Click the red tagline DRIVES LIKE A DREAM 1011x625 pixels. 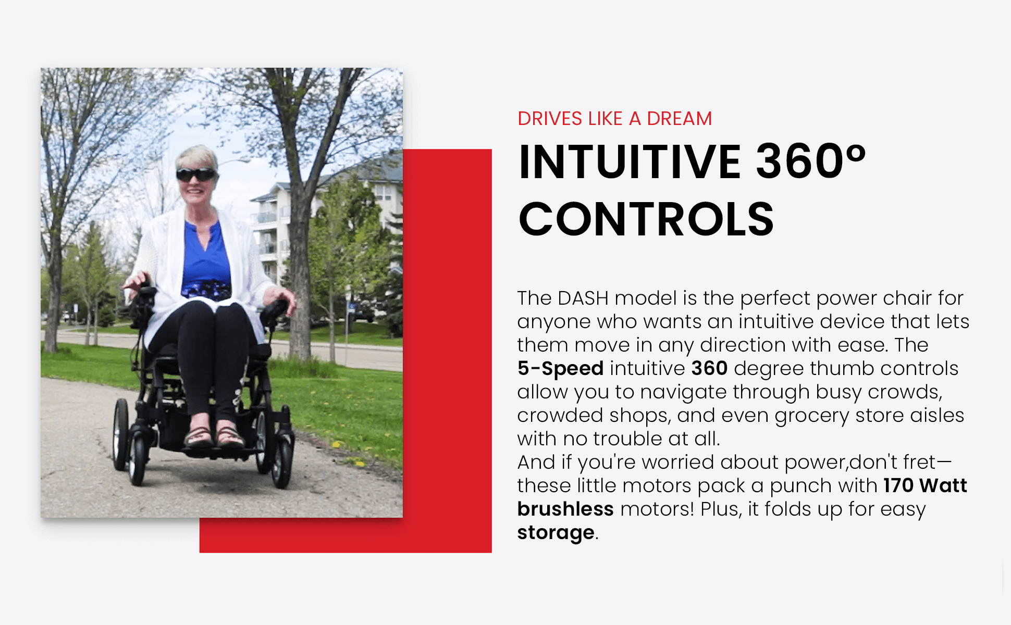click(614, 119)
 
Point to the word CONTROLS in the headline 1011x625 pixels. click(646, 219)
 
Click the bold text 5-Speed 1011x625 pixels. click(560, 368)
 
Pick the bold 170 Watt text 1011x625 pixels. click(925, 485)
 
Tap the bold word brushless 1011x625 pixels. click(565, 509)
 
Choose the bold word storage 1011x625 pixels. click(556, 533)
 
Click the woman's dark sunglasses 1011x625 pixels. click(196, 174)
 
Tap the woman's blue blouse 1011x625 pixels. click(206, 255)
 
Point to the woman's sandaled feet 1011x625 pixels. click(214, 436)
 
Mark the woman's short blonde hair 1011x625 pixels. click(196, 157)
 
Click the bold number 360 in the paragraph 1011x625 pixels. click(709, 368)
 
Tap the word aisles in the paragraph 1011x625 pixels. click(937, 415)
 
